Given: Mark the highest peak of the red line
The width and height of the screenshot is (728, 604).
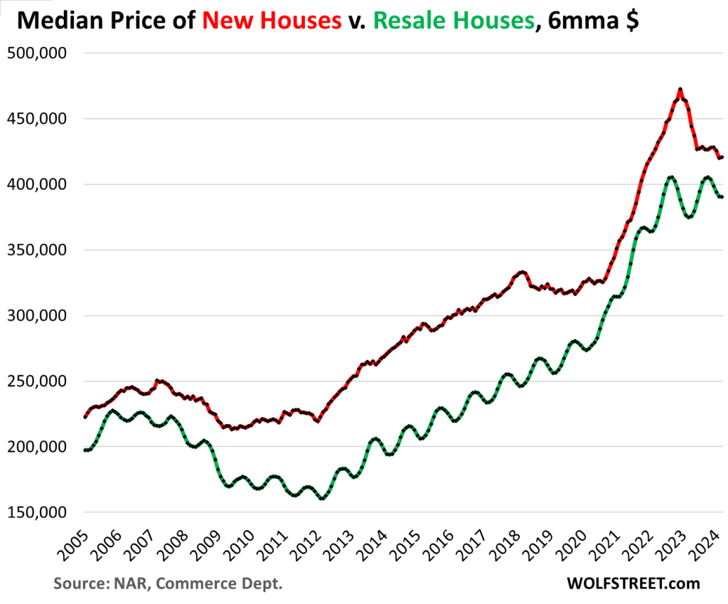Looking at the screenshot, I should [x=680, y=90].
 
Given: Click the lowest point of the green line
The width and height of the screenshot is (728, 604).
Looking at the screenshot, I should [x=322, y=499].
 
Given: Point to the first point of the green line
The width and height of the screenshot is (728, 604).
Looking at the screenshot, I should [x=85, y=450].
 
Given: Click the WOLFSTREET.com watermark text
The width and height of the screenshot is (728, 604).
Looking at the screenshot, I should [x=633, y=583].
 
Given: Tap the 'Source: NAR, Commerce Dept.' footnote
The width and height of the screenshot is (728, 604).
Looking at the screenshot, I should [x=168, y=584].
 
